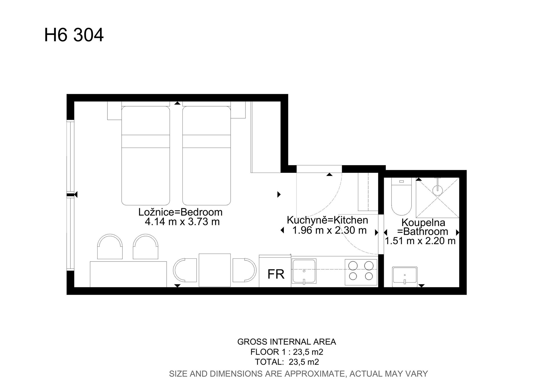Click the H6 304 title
(x=74, y=35)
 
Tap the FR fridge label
(x=276, y=274)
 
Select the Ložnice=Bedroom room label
(x=180, y=212)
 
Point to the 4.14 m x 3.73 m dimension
(x=182, y=222)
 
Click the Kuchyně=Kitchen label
(x=327, y=220)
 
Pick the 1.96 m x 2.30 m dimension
(x=329, y=230)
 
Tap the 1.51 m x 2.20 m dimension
(x=420, y=241)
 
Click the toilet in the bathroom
(x=401, y=196)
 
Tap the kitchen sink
(x=304, y=271)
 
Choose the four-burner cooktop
(x=361, y=272)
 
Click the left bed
(x=146, y=155)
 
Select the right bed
(x=206, y=155)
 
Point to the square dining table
(x=215, y=270)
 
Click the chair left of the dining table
(x=185, y=270)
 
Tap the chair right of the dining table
(x=244, y=270)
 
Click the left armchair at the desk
(x=110, y=246)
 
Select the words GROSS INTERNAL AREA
(x=287, y=342)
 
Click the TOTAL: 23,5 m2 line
(x=287, y=362)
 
